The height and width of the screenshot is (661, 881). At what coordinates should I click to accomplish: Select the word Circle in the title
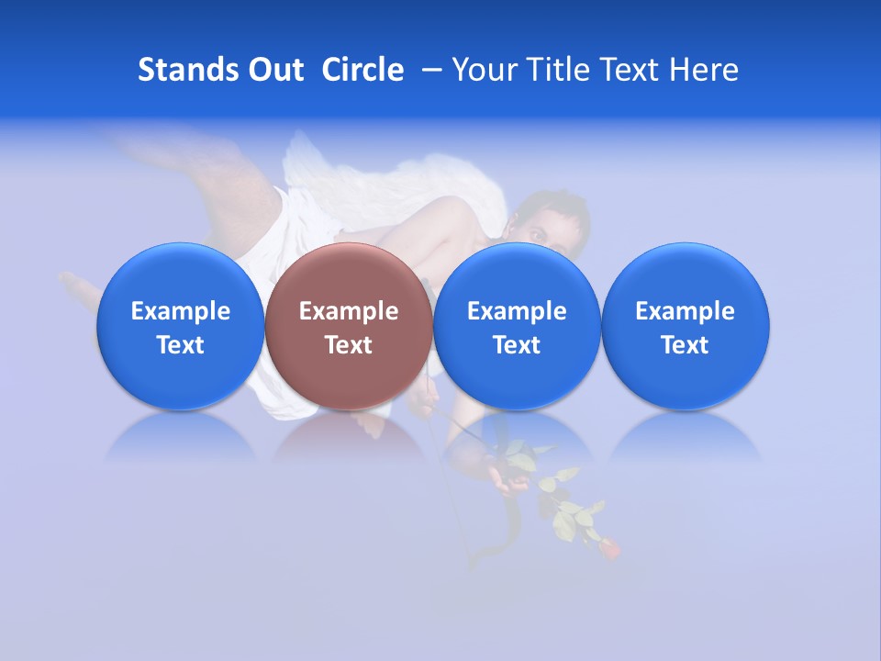[362, 70]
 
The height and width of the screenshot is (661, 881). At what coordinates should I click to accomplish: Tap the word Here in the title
[703, 70]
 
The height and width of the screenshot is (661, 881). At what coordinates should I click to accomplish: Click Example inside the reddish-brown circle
[349, 311]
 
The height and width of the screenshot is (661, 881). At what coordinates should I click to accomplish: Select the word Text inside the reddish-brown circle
[349, 345]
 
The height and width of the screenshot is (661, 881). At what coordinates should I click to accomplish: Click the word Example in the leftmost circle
[181, 311]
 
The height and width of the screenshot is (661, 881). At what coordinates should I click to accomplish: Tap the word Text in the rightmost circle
[686, 345]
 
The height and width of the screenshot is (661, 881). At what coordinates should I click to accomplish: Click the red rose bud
[609, 548]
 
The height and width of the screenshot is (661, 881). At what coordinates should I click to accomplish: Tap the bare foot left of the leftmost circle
[80, 289]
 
